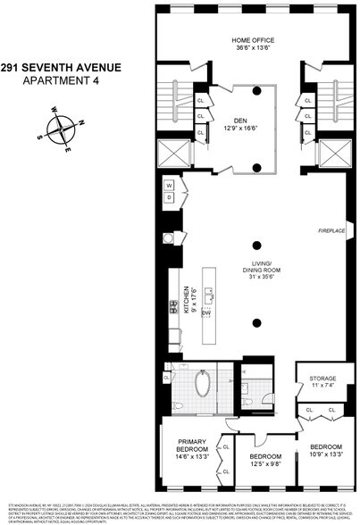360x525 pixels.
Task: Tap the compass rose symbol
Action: tap(61, 129)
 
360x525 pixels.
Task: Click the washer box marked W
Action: tap(168, 185)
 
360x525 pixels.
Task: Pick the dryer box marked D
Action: tap(168, 196)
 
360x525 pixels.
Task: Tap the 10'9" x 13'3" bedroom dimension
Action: tap(324, 452)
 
